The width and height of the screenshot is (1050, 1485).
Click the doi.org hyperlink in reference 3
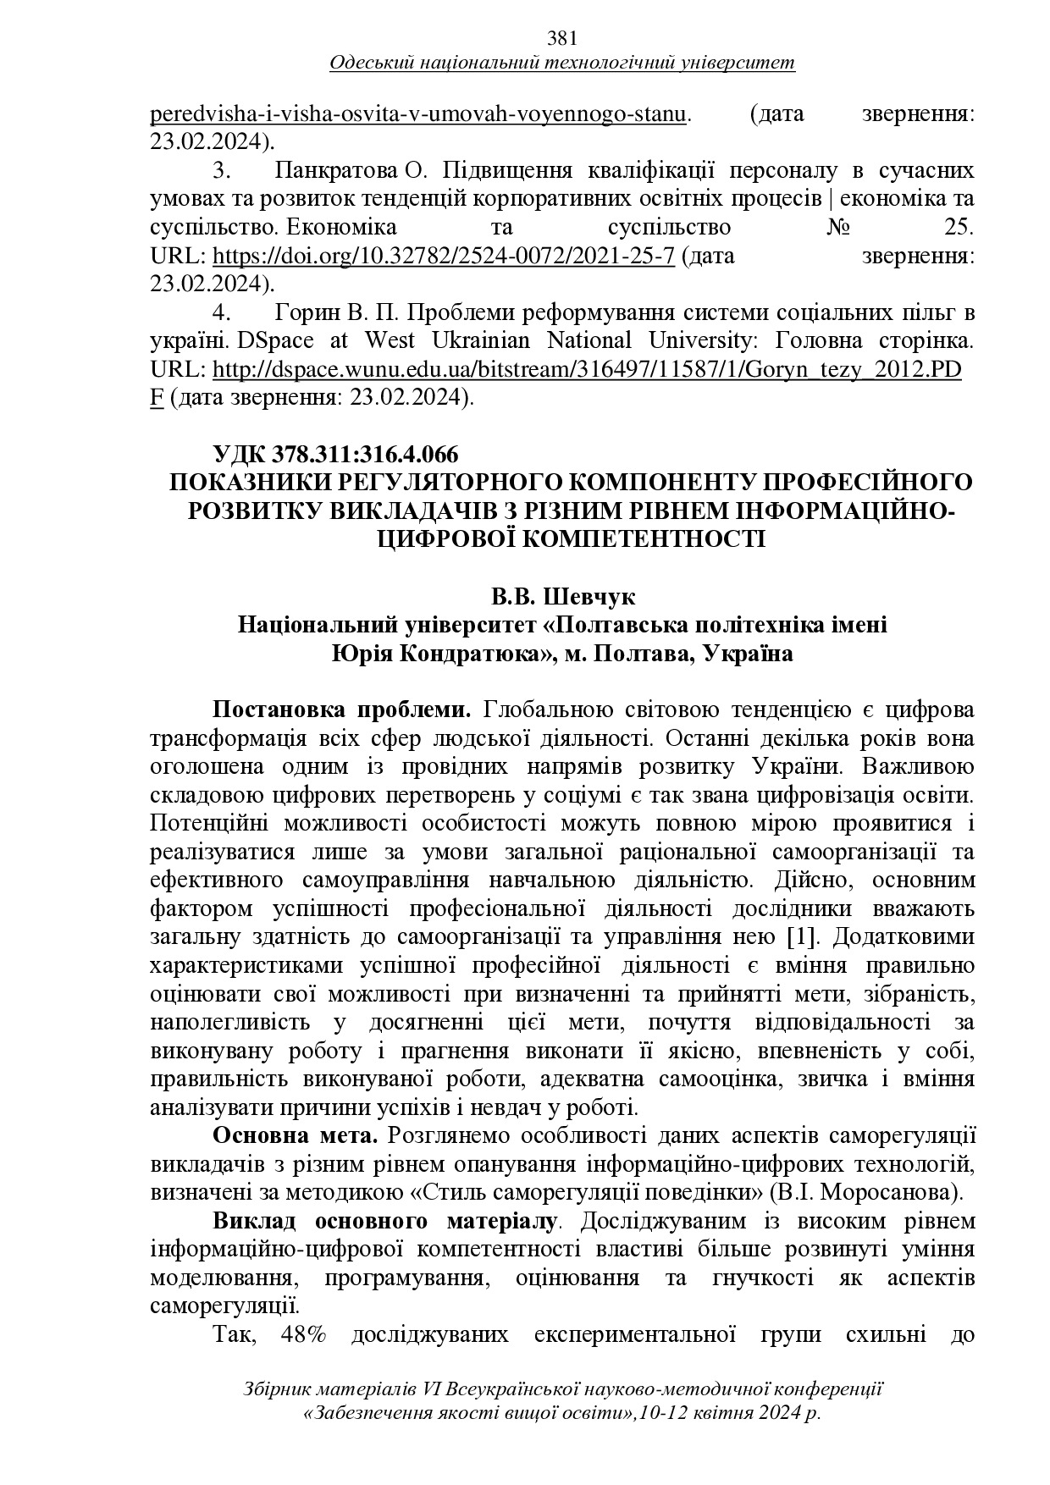443,257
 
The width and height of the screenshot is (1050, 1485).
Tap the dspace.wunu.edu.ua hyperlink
586,370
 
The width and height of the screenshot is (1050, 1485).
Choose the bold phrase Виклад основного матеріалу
384,1222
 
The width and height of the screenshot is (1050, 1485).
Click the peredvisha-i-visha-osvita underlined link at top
418,114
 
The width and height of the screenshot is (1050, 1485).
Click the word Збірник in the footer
277,1390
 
